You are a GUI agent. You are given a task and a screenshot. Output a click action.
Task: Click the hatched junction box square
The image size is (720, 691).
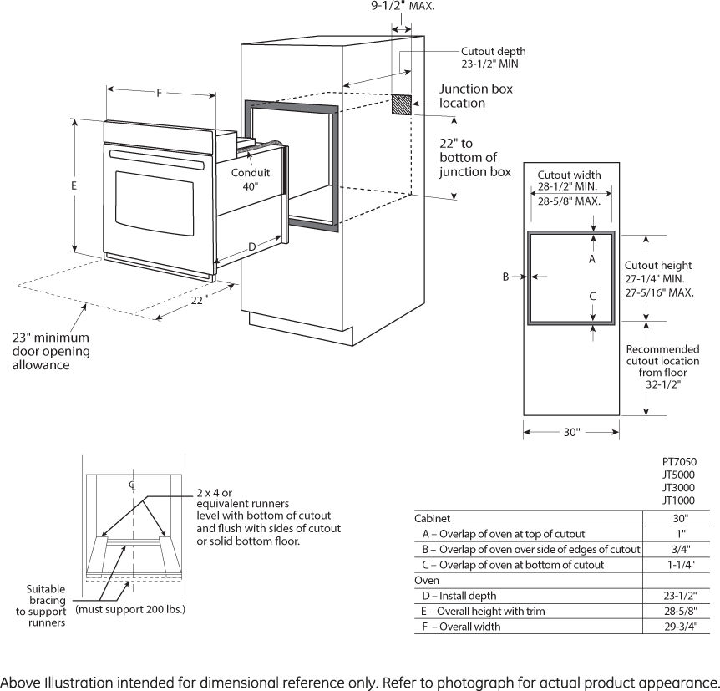[x=402, y=104]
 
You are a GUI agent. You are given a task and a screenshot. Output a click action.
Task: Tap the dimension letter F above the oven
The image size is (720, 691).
[x=159, y=93]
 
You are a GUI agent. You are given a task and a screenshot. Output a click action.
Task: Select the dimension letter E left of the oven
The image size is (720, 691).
[x=74, y=185]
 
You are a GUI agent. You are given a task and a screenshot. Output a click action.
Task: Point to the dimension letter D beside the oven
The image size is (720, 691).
[x=251, y=246]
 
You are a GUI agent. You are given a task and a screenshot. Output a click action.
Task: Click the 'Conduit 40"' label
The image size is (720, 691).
[x=251, y=180]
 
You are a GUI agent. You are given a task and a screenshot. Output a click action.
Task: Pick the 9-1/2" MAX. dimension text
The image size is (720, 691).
[x=403, y=5]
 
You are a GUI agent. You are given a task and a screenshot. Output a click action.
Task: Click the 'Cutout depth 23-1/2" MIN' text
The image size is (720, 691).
[x=493, y=57]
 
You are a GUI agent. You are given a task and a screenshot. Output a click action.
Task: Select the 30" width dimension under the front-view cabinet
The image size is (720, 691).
[x=570, y=432]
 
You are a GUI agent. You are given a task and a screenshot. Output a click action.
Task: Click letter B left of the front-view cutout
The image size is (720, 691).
[x=505, y=277]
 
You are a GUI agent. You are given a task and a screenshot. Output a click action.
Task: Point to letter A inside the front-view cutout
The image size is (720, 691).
[x=592, y=259]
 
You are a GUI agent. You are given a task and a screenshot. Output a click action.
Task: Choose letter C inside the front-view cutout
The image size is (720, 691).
[x=592, y=296]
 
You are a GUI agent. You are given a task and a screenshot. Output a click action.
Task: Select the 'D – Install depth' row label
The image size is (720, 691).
[x=459, y=596]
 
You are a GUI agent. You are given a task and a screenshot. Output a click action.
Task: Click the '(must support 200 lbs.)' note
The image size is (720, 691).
[x=130, y=609]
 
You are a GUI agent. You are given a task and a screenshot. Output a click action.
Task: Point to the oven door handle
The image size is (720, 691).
[x=156, y=159]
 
